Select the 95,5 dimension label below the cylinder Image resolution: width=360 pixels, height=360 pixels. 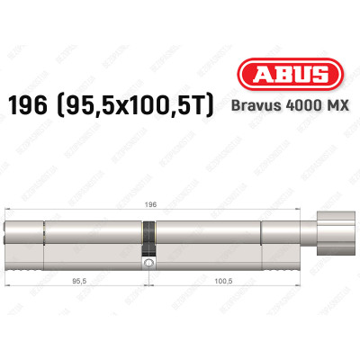pyautogui.click(x=78, y=280)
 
